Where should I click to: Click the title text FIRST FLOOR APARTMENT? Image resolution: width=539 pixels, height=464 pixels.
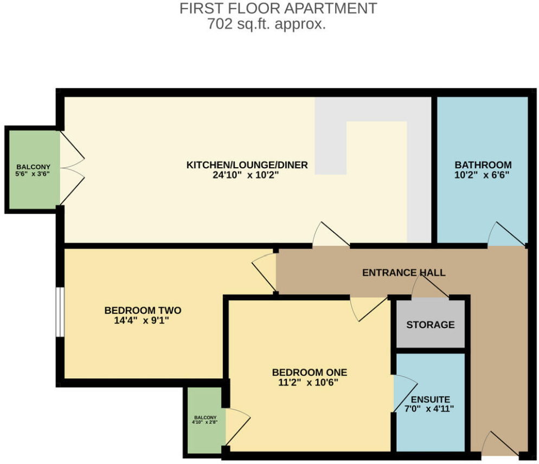tap(278, 9)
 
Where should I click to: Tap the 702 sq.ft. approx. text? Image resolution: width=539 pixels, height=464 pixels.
tap(266, 24)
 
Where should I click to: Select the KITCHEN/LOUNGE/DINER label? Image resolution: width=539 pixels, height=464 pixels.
tap(247, 165)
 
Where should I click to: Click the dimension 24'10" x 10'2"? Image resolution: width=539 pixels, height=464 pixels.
tap(247, 175)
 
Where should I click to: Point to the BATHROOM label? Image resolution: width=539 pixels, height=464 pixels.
tap(483, 165)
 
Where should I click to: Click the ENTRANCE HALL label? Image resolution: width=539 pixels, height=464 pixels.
tap(403, 272)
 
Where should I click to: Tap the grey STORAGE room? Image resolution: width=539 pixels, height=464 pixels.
tap(431, 325)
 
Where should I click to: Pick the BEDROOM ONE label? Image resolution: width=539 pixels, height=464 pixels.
tap(309, 372)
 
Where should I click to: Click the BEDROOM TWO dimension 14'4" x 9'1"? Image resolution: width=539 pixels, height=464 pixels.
tap(143, 320)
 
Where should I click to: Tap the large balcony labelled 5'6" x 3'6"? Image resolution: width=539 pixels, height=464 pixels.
tap(33, 170)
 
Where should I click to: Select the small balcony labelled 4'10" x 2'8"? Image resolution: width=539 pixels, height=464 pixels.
tap(204, 419)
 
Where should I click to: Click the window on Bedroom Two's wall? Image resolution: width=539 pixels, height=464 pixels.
tap(60, 312)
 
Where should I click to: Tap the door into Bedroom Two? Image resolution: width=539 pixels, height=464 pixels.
tap(265, 271)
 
